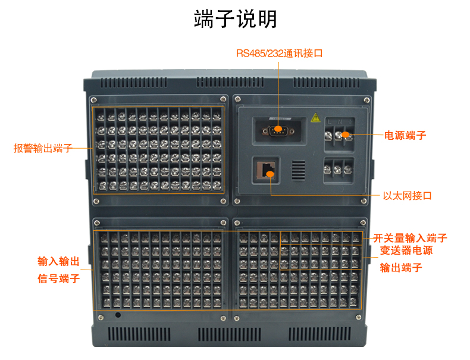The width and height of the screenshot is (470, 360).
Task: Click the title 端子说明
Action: click(x=236, y=19)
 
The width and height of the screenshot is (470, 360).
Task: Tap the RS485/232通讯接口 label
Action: click(x=280, y=54)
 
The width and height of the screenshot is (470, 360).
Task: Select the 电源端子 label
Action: click(x=405, y=136)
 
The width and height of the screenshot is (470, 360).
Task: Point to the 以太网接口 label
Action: click(x=407, y=196)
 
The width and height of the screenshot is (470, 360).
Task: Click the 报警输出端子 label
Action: click(x=43, y=148)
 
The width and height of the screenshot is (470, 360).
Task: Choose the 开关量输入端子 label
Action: click(x=410, y=238)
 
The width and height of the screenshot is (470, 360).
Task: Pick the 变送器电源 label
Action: click(x=406, y=251)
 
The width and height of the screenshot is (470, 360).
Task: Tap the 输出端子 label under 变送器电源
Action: click(x=401, y=267)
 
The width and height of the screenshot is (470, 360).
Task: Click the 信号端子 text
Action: click(x=59, y=278)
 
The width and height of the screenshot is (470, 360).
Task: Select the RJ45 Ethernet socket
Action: click(x=266, y=170)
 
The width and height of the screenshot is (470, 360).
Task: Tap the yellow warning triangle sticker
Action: click(x=315, y=117)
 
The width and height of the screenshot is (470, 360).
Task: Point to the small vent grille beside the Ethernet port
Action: click(x=299, y=170)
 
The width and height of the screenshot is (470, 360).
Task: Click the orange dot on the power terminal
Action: click(x=345, y=134)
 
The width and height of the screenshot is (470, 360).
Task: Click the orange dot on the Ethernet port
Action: click(x=270, y=174)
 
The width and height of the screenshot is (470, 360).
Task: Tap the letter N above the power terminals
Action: click(x=340, y=122)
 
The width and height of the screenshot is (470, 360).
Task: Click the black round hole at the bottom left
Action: click(x=118, y=315)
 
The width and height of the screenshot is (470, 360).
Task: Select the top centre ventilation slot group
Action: click(x=230, y=82)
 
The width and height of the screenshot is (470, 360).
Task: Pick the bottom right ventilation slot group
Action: click(x=319, y=334)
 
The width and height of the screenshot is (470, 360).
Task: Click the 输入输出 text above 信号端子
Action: click(x=58, y=261)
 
